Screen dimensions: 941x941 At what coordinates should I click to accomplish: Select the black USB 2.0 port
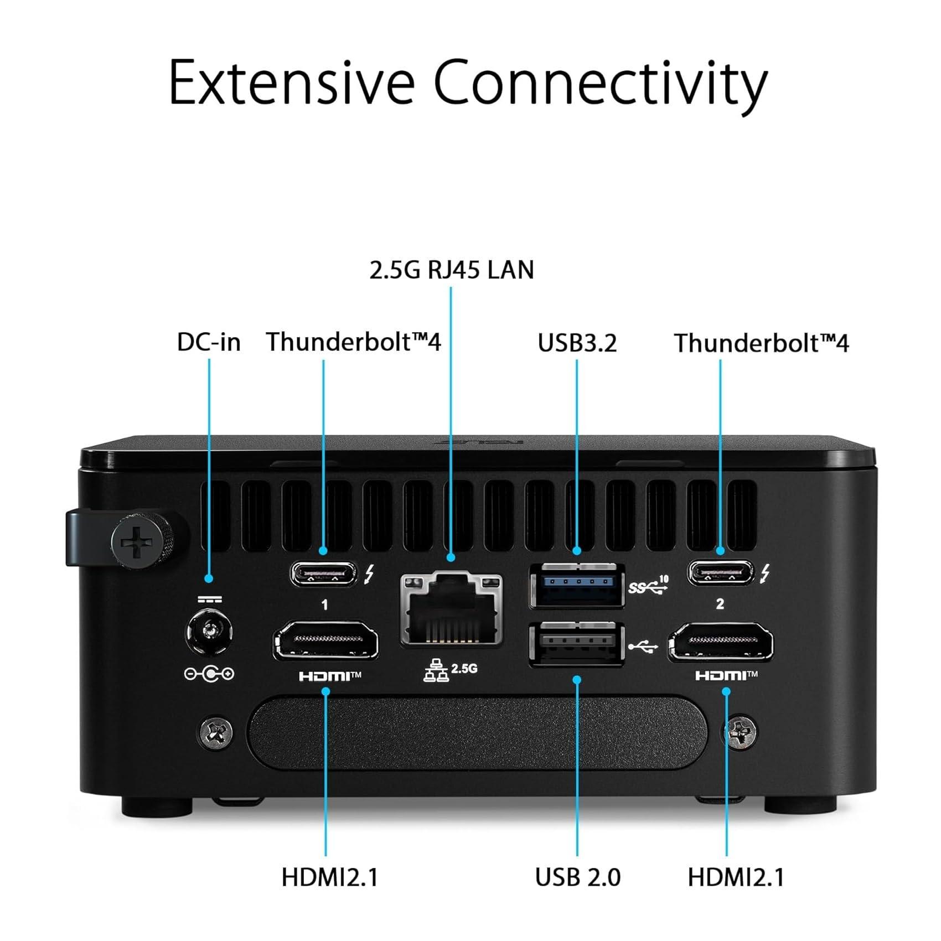click(577, 645)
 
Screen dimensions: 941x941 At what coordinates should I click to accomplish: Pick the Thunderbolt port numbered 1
click(323, 573)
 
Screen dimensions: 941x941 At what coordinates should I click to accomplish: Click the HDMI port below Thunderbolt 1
click(325, 640)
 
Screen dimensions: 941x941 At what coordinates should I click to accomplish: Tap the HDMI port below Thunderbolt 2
click(721, 642)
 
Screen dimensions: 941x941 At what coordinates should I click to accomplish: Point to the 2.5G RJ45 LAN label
click(451, 270)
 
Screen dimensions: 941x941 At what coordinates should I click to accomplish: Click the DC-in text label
click(209, 342)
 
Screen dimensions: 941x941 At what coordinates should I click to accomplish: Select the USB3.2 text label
click(577, 343)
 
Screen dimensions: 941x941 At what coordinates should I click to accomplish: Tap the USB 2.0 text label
click(577, 877)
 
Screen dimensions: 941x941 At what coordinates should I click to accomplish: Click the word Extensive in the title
click(292, 82)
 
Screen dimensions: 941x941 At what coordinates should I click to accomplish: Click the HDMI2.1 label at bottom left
click(329, 877)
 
